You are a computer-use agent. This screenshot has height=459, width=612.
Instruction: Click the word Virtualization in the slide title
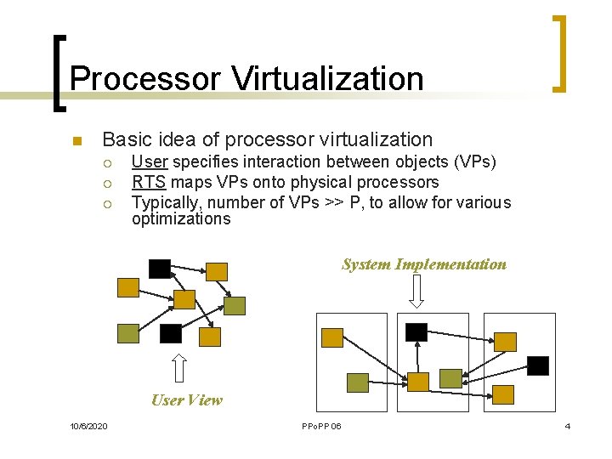point(328,79)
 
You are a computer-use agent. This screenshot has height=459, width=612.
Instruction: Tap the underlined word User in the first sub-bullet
point(150,161)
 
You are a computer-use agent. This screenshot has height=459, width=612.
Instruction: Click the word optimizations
point(180,219)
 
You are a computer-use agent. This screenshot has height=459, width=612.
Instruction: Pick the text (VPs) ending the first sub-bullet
point(476,161)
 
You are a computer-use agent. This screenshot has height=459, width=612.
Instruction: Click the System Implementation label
point(423,264)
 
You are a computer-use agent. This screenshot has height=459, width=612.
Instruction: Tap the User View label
point(186,400)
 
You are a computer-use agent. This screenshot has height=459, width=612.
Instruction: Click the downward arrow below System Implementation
point(416,292)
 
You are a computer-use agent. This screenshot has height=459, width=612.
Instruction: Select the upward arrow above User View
point(179,368)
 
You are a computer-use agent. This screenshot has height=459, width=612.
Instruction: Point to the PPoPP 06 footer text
point(321,425)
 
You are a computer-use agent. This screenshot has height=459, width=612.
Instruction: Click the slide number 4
point(567,425)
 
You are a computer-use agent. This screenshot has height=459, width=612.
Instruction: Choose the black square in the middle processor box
point(416,331)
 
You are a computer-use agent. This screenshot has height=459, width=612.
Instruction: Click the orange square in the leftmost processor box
point(332,337)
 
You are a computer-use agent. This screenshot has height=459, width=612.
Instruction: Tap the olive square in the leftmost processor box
point(358,382)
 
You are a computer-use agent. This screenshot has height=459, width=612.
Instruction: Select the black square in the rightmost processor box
point(538,365)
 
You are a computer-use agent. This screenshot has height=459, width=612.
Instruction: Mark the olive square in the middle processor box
point(450,378)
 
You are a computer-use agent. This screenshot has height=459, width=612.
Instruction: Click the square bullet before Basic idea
point(75,141)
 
